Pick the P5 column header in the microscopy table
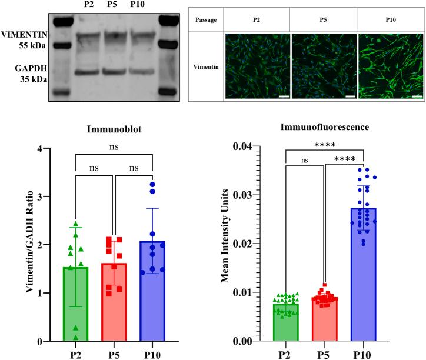pyautogui.click(x=323, y=19)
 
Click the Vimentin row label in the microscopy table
pyautogui.click(x=206, y=67)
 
